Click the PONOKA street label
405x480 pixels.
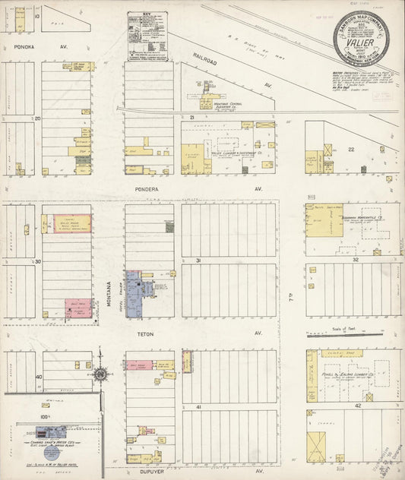(x=15, y=46)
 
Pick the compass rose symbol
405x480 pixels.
(x=100, y=374)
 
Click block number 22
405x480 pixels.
(x=350, y=150)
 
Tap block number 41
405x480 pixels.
(x=199, y=408)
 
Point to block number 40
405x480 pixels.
(x=38, y=376)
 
